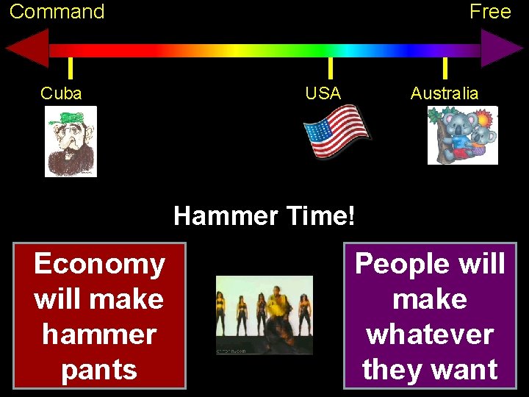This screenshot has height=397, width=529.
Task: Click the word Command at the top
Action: [x=57, y=12]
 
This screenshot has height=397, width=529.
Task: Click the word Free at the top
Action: [x=490, y=12]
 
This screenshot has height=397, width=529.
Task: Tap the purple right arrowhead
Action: [x=502, y=49]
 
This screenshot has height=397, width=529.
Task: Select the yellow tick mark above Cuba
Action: [x=70, y=68]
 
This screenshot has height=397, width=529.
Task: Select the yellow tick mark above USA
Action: [x=331, y=68]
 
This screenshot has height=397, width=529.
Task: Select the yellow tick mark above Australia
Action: [x=445, y=68]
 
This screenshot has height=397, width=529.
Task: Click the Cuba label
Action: [x=61, y=93]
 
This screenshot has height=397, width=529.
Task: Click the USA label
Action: [x=323, y=93]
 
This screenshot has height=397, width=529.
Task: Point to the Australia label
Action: [x=445, y=93]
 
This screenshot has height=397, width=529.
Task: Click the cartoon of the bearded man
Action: [x=71, y=143]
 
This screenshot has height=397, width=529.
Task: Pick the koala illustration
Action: [x=462, y=135]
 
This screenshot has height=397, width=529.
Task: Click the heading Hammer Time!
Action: [x=264, y=216]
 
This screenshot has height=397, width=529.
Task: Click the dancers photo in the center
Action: [x=264, y=315]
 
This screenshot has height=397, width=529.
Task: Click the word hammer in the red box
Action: [x=99, y=335]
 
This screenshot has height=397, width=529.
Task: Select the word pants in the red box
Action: [x=99, y=369]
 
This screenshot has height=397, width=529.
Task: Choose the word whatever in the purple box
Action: [x=430, y=335]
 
